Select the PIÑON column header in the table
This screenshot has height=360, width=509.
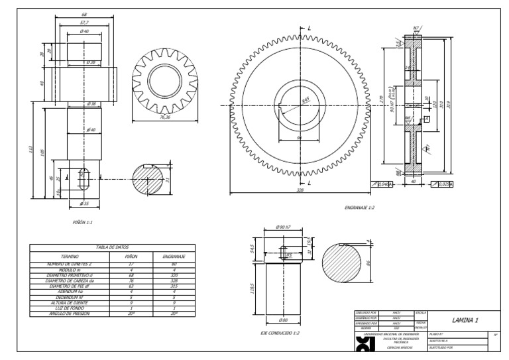(132, 255)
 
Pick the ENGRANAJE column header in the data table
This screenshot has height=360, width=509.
(173, 255)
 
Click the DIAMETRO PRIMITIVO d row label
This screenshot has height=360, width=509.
(70, 274)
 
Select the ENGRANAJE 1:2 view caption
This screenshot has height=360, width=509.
(360, 208)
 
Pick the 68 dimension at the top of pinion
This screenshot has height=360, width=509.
(84, 14)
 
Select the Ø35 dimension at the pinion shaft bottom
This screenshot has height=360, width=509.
(84, 204)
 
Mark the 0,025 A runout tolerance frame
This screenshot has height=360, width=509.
(441, 184)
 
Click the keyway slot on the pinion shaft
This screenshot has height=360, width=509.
(84, 179)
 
